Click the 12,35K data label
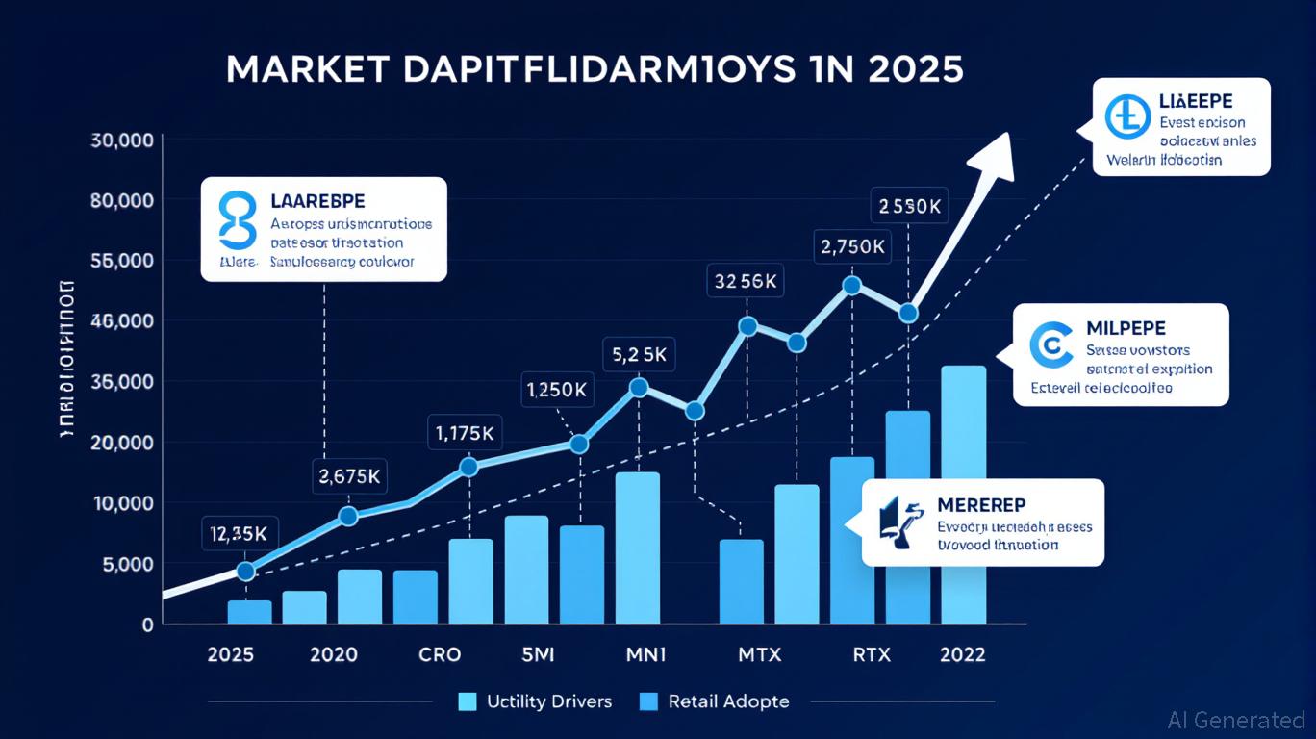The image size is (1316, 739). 240,533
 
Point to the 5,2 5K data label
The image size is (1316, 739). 639,355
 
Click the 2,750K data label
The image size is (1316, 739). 851,246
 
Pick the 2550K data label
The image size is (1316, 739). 909,205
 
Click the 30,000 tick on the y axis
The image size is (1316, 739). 122,140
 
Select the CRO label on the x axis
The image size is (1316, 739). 441,655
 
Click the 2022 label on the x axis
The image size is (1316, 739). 962,655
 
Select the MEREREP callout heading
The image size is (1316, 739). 980,506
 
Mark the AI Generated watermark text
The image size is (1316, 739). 1235,720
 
